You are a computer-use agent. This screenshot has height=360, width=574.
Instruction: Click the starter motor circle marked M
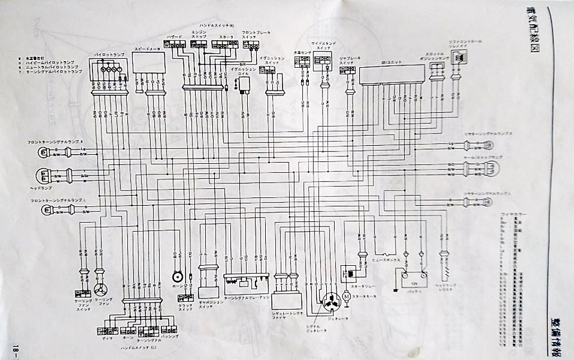pyautogui.click(x=346, y=295)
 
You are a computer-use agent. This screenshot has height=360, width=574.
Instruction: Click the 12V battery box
pyautogui.click(x=414, y=279)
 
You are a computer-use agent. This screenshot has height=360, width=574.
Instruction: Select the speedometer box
pyautogui.click(x=149, y=63)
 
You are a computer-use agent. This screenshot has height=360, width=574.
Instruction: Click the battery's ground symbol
pyautogui.click(x=396, y=290)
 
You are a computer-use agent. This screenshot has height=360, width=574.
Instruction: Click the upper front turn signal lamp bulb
pyautogui.click(x=43, y=151)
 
